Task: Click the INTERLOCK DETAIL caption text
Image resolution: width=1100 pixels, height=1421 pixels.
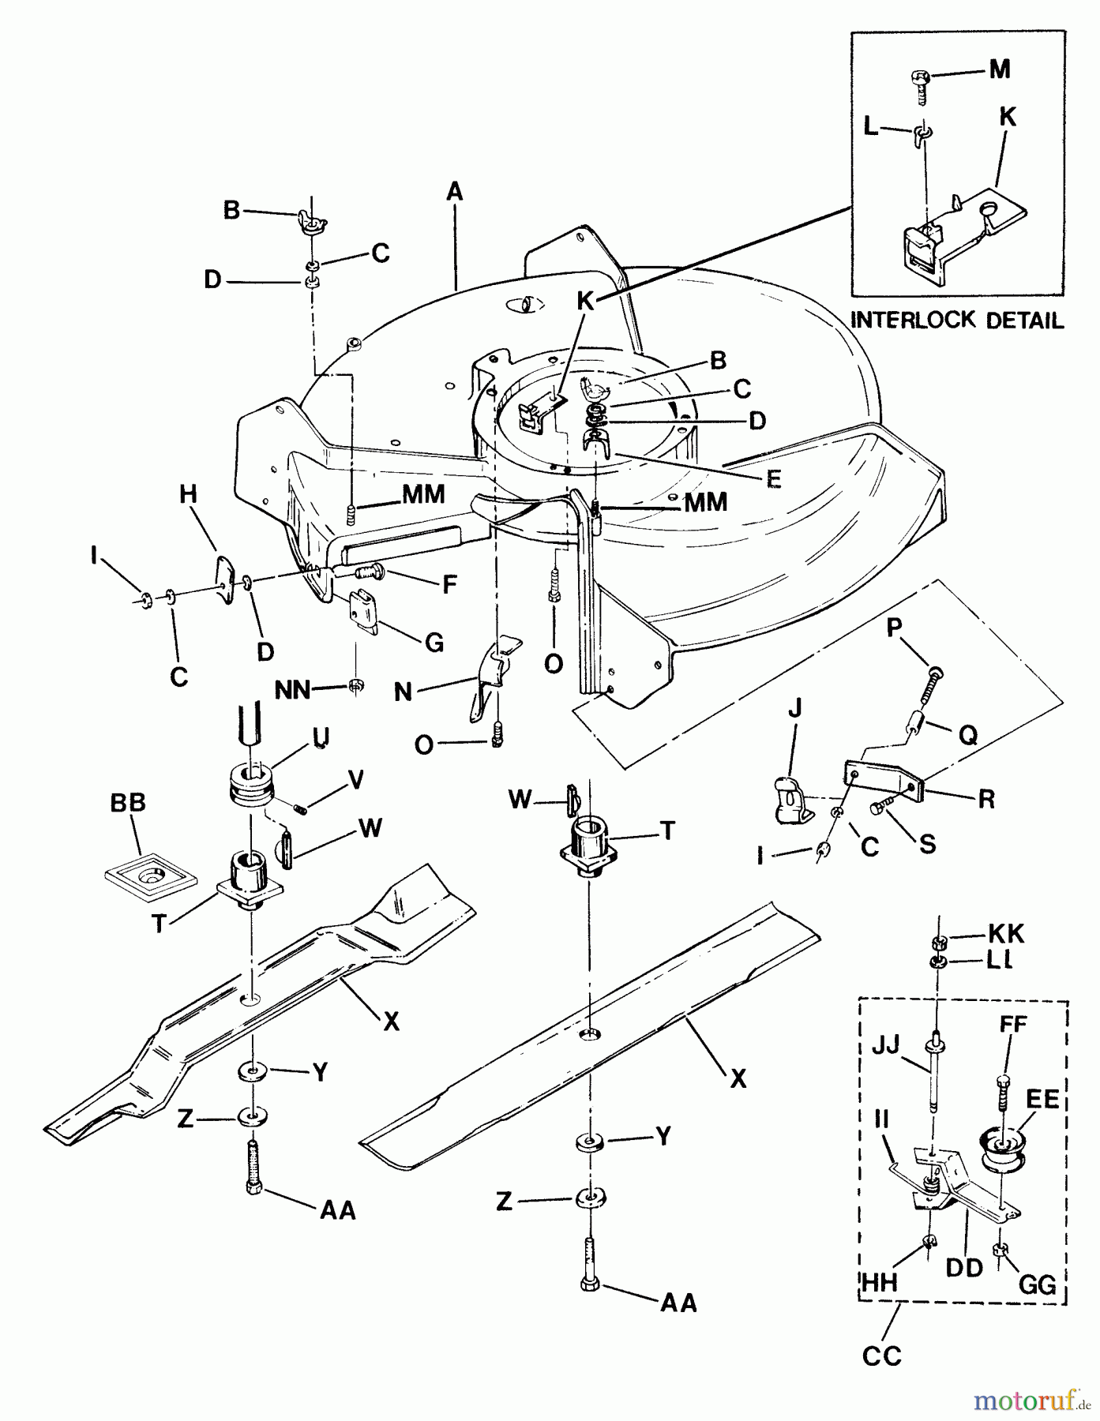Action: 956,321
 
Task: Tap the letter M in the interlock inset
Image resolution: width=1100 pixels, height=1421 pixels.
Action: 999,69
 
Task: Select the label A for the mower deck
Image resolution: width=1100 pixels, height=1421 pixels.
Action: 454,192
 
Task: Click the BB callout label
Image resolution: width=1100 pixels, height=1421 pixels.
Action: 128,803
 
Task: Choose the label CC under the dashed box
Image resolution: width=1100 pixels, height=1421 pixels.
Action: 881,1356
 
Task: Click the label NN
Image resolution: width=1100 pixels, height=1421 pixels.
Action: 293,691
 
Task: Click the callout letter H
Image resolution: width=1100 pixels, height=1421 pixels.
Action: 188,495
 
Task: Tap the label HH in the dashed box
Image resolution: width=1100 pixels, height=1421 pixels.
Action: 879,1283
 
